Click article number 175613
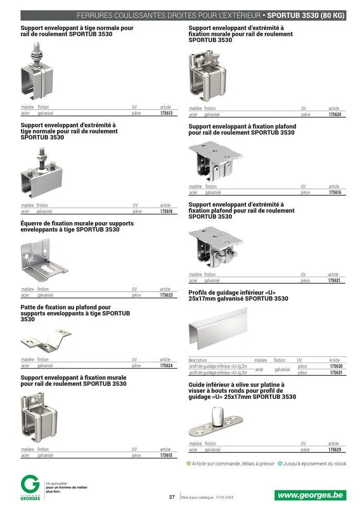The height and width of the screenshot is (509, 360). pos(167,113)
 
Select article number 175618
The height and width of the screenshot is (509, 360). pos(166,211)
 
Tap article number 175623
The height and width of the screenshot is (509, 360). pos(166,295)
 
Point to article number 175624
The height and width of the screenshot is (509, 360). pos(166,366)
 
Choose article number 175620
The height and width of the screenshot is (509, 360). pos(335,115)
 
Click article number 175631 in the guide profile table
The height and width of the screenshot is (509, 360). pos(336,373)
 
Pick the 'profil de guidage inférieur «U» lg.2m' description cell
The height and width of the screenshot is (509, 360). pos(218,366)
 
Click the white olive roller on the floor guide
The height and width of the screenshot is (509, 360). pos(218,415)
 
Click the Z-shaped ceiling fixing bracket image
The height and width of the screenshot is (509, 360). pos(46,340)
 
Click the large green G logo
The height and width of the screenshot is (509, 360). pos(30,485)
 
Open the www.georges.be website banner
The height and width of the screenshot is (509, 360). pos(310,495)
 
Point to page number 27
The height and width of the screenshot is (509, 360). pos(172,497)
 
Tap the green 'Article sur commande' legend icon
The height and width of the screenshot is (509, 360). pos(189,464)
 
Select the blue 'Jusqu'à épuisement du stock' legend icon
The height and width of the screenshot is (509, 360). pos(280,464)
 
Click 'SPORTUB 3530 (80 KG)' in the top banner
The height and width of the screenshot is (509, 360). pos(305,15)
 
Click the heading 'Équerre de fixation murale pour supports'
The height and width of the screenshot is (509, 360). pos(77,223)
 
